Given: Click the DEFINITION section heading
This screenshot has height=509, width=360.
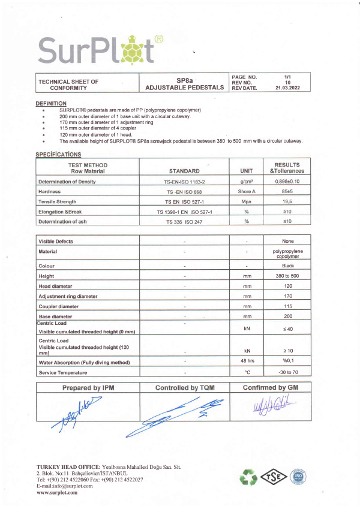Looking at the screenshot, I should point(51,103).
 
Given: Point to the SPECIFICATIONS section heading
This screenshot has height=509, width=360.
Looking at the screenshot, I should point(59,154).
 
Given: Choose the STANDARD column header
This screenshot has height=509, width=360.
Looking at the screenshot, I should point(184,170).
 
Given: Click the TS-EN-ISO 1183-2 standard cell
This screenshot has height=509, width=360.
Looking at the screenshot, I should point(184,181).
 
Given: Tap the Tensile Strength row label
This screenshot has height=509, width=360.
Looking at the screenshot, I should point(62,201).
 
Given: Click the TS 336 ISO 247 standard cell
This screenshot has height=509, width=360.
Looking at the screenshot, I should point(184,222).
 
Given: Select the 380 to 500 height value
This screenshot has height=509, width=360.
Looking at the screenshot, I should point(287,276).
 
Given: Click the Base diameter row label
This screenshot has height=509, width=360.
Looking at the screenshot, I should point(59,317).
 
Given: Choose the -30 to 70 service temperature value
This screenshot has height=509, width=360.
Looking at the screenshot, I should point(287,372).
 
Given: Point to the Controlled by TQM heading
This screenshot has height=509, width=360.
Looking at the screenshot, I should point(185,388).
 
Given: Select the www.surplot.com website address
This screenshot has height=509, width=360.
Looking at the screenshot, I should point(57,492).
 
